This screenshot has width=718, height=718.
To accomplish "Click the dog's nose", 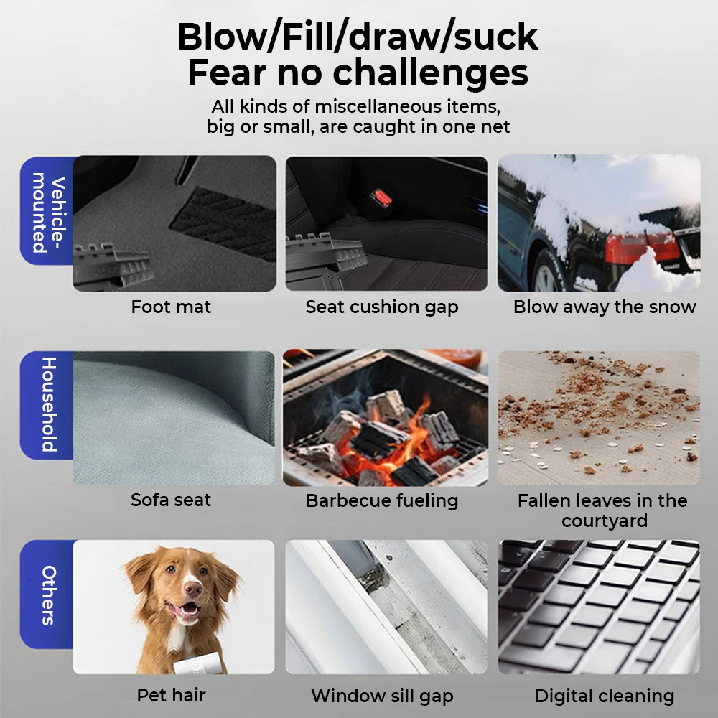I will tap(192, 589).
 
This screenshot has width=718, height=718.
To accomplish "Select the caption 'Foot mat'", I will tap(171, 307).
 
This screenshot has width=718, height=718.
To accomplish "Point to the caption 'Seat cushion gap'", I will tap(382, 307).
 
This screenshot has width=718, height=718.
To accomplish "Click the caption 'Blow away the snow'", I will tap(605, 307).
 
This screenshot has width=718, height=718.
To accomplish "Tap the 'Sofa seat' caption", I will tap(171, 500).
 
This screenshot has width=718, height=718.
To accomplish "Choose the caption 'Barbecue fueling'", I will tap(382, 500).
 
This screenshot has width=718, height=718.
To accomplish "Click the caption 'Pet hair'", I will tap(171, 695).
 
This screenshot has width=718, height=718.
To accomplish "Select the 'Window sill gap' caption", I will tap(382, 696).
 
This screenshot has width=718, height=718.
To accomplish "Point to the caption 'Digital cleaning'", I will tap(605, 696).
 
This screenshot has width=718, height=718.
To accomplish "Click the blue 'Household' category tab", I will tap(47, 404).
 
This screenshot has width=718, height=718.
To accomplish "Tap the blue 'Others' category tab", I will tap(47, 595).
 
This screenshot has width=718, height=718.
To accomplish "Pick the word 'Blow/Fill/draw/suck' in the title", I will tap(358, 36).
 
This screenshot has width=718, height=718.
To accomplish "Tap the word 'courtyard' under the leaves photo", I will tap(605, 521).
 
